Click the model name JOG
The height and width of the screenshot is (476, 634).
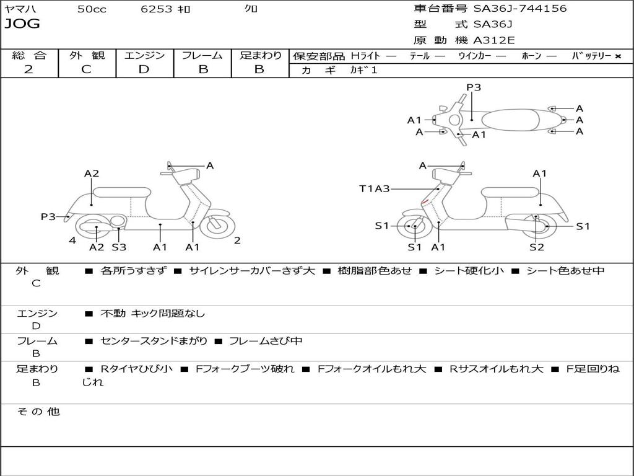(x=22, y=24)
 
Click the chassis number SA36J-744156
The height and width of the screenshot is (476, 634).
(x=520, y=9)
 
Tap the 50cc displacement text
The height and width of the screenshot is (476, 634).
(x=92, y=9)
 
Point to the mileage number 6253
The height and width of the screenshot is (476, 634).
(x=157, y=9)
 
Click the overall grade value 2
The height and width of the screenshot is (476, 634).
(x=28, y=69)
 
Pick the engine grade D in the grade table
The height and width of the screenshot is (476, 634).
(x=144, y=69)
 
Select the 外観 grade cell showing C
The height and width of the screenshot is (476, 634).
(x=87, y=69)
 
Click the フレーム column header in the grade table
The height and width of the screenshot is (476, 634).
(x=202, y=55)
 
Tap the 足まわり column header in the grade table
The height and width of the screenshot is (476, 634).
(x=261, y=55)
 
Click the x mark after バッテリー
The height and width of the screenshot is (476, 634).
(x=618, y=56)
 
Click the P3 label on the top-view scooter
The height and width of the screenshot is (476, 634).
(x=474, y=87)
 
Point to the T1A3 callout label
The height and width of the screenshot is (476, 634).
(x=375, y=188)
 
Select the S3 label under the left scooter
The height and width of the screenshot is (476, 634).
(x=119, y=247)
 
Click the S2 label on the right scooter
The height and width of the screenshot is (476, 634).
(x=537, y=247)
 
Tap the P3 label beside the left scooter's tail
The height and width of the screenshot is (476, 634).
(x=48, y=217)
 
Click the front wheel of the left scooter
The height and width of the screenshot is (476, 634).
(x=217, y=225)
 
